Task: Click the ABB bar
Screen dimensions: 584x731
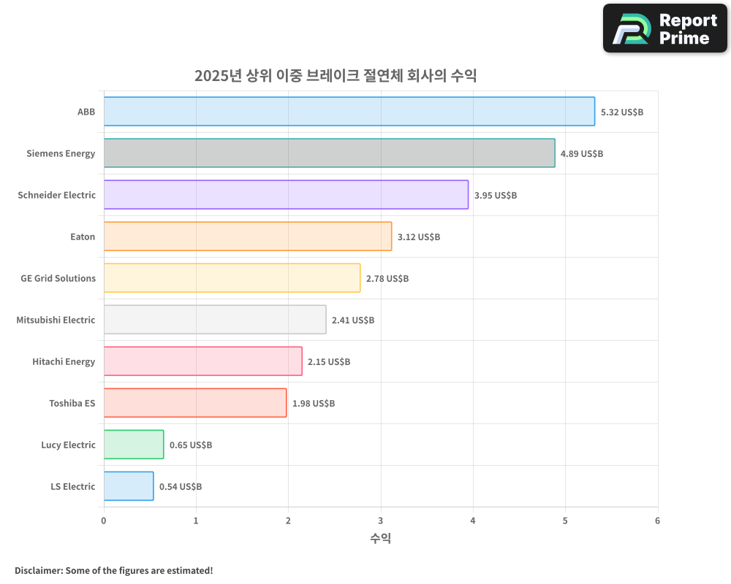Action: [349, 112]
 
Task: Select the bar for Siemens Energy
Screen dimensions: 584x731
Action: [329, 153]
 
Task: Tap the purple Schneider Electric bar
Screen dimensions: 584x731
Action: [286, 195]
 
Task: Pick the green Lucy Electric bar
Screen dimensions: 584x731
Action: [134, 445]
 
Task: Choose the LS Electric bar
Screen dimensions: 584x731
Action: [129, 486]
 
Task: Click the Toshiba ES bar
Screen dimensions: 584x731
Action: [195, 403]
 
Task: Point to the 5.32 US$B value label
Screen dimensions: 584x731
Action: [621, 112]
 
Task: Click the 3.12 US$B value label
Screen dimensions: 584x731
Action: [419, 237]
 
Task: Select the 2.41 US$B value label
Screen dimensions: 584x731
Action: [353, 320]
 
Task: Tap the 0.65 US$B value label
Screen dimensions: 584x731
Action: [191, 445]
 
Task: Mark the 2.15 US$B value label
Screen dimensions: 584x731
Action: [329, 361]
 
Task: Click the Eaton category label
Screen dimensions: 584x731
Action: [83, 237]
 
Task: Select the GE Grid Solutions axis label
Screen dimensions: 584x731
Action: [58, 278]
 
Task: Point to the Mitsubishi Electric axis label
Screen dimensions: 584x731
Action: [56, 320]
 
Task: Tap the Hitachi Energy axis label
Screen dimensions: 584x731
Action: [64, 361]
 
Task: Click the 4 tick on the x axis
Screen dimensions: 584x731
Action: [473, 520]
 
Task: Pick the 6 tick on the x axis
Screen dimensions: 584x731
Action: [657, 520]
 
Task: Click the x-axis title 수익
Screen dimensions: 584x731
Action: [380, 539]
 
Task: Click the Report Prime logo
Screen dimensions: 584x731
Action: [665, 28]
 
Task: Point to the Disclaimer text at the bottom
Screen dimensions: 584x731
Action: [113, 570]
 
